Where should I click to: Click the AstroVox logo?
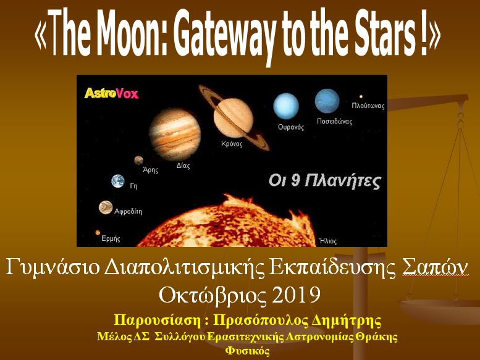111,93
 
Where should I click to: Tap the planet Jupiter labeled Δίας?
175,135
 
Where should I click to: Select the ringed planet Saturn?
234,118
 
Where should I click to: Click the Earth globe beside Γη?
118,181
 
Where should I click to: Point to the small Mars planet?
138,160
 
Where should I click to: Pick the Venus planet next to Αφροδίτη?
106,207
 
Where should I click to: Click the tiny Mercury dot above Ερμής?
98,233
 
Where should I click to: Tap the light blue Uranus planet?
286,106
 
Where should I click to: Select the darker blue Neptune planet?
327,101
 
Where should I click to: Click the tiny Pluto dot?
361,97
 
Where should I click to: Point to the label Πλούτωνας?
368,106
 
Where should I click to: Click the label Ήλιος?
328,241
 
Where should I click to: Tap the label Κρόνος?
232,143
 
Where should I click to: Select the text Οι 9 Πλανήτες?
325,181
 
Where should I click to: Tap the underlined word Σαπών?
435,267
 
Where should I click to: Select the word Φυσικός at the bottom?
247,351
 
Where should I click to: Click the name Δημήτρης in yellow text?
346,321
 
